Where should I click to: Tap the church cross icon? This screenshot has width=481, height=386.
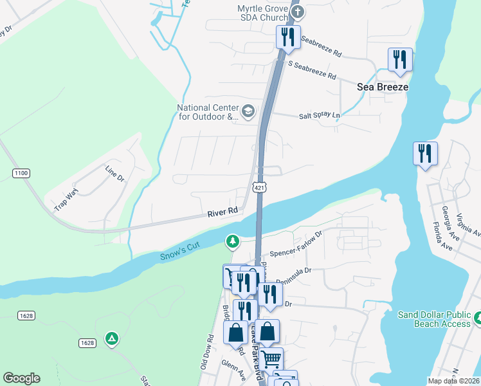tap(296, 10)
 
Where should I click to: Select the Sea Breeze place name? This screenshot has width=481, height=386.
tap(383, 87)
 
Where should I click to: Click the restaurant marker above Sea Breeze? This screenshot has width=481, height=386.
tap(400, 60)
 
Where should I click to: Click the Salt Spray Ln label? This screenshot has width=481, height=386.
tap(319, 116)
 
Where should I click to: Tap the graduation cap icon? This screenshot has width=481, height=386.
tap(248, 113)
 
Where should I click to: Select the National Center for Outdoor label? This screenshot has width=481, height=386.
tap(208, 113)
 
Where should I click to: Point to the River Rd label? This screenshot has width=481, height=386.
tap(223, 210)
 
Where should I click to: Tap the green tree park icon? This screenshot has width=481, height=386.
tap(231, 242)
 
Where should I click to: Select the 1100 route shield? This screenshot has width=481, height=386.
tap(21, 173)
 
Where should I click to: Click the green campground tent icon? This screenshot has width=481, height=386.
tap(112, 338)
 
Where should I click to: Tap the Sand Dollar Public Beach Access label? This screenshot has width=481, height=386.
tap(434, 319)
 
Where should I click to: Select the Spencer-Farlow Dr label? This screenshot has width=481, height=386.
tap(295, 245)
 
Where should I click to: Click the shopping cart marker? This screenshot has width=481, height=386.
tap(271, 358)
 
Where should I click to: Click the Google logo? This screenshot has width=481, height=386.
tap(21, 378)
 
